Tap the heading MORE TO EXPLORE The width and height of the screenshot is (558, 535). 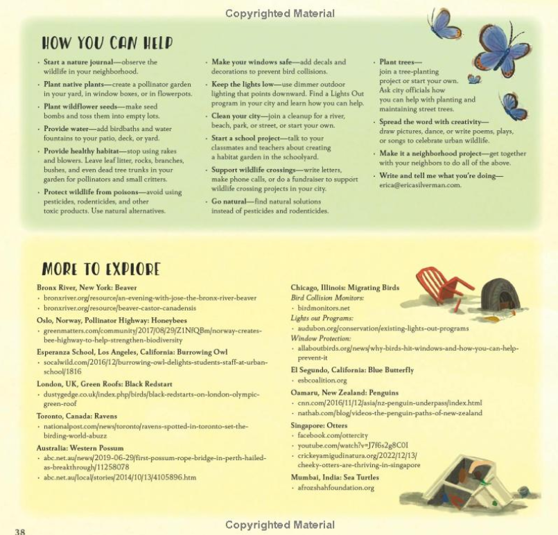[x=101, y=268]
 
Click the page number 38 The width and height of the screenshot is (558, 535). [x=19, y=531]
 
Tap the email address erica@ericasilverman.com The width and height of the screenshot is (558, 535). [x=419, y=185]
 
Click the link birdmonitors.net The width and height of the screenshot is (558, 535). [x=323, y=308]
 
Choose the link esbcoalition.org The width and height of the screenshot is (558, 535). [x=322, y=380]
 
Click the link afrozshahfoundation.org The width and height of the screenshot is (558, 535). [x=335, y=487]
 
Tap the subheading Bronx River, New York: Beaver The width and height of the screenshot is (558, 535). [x=87, y=287]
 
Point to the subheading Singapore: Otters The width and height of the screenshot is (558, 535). [x=319, y=425]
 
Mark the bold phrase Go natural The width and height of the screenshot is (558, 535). [x=229, y=201]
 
